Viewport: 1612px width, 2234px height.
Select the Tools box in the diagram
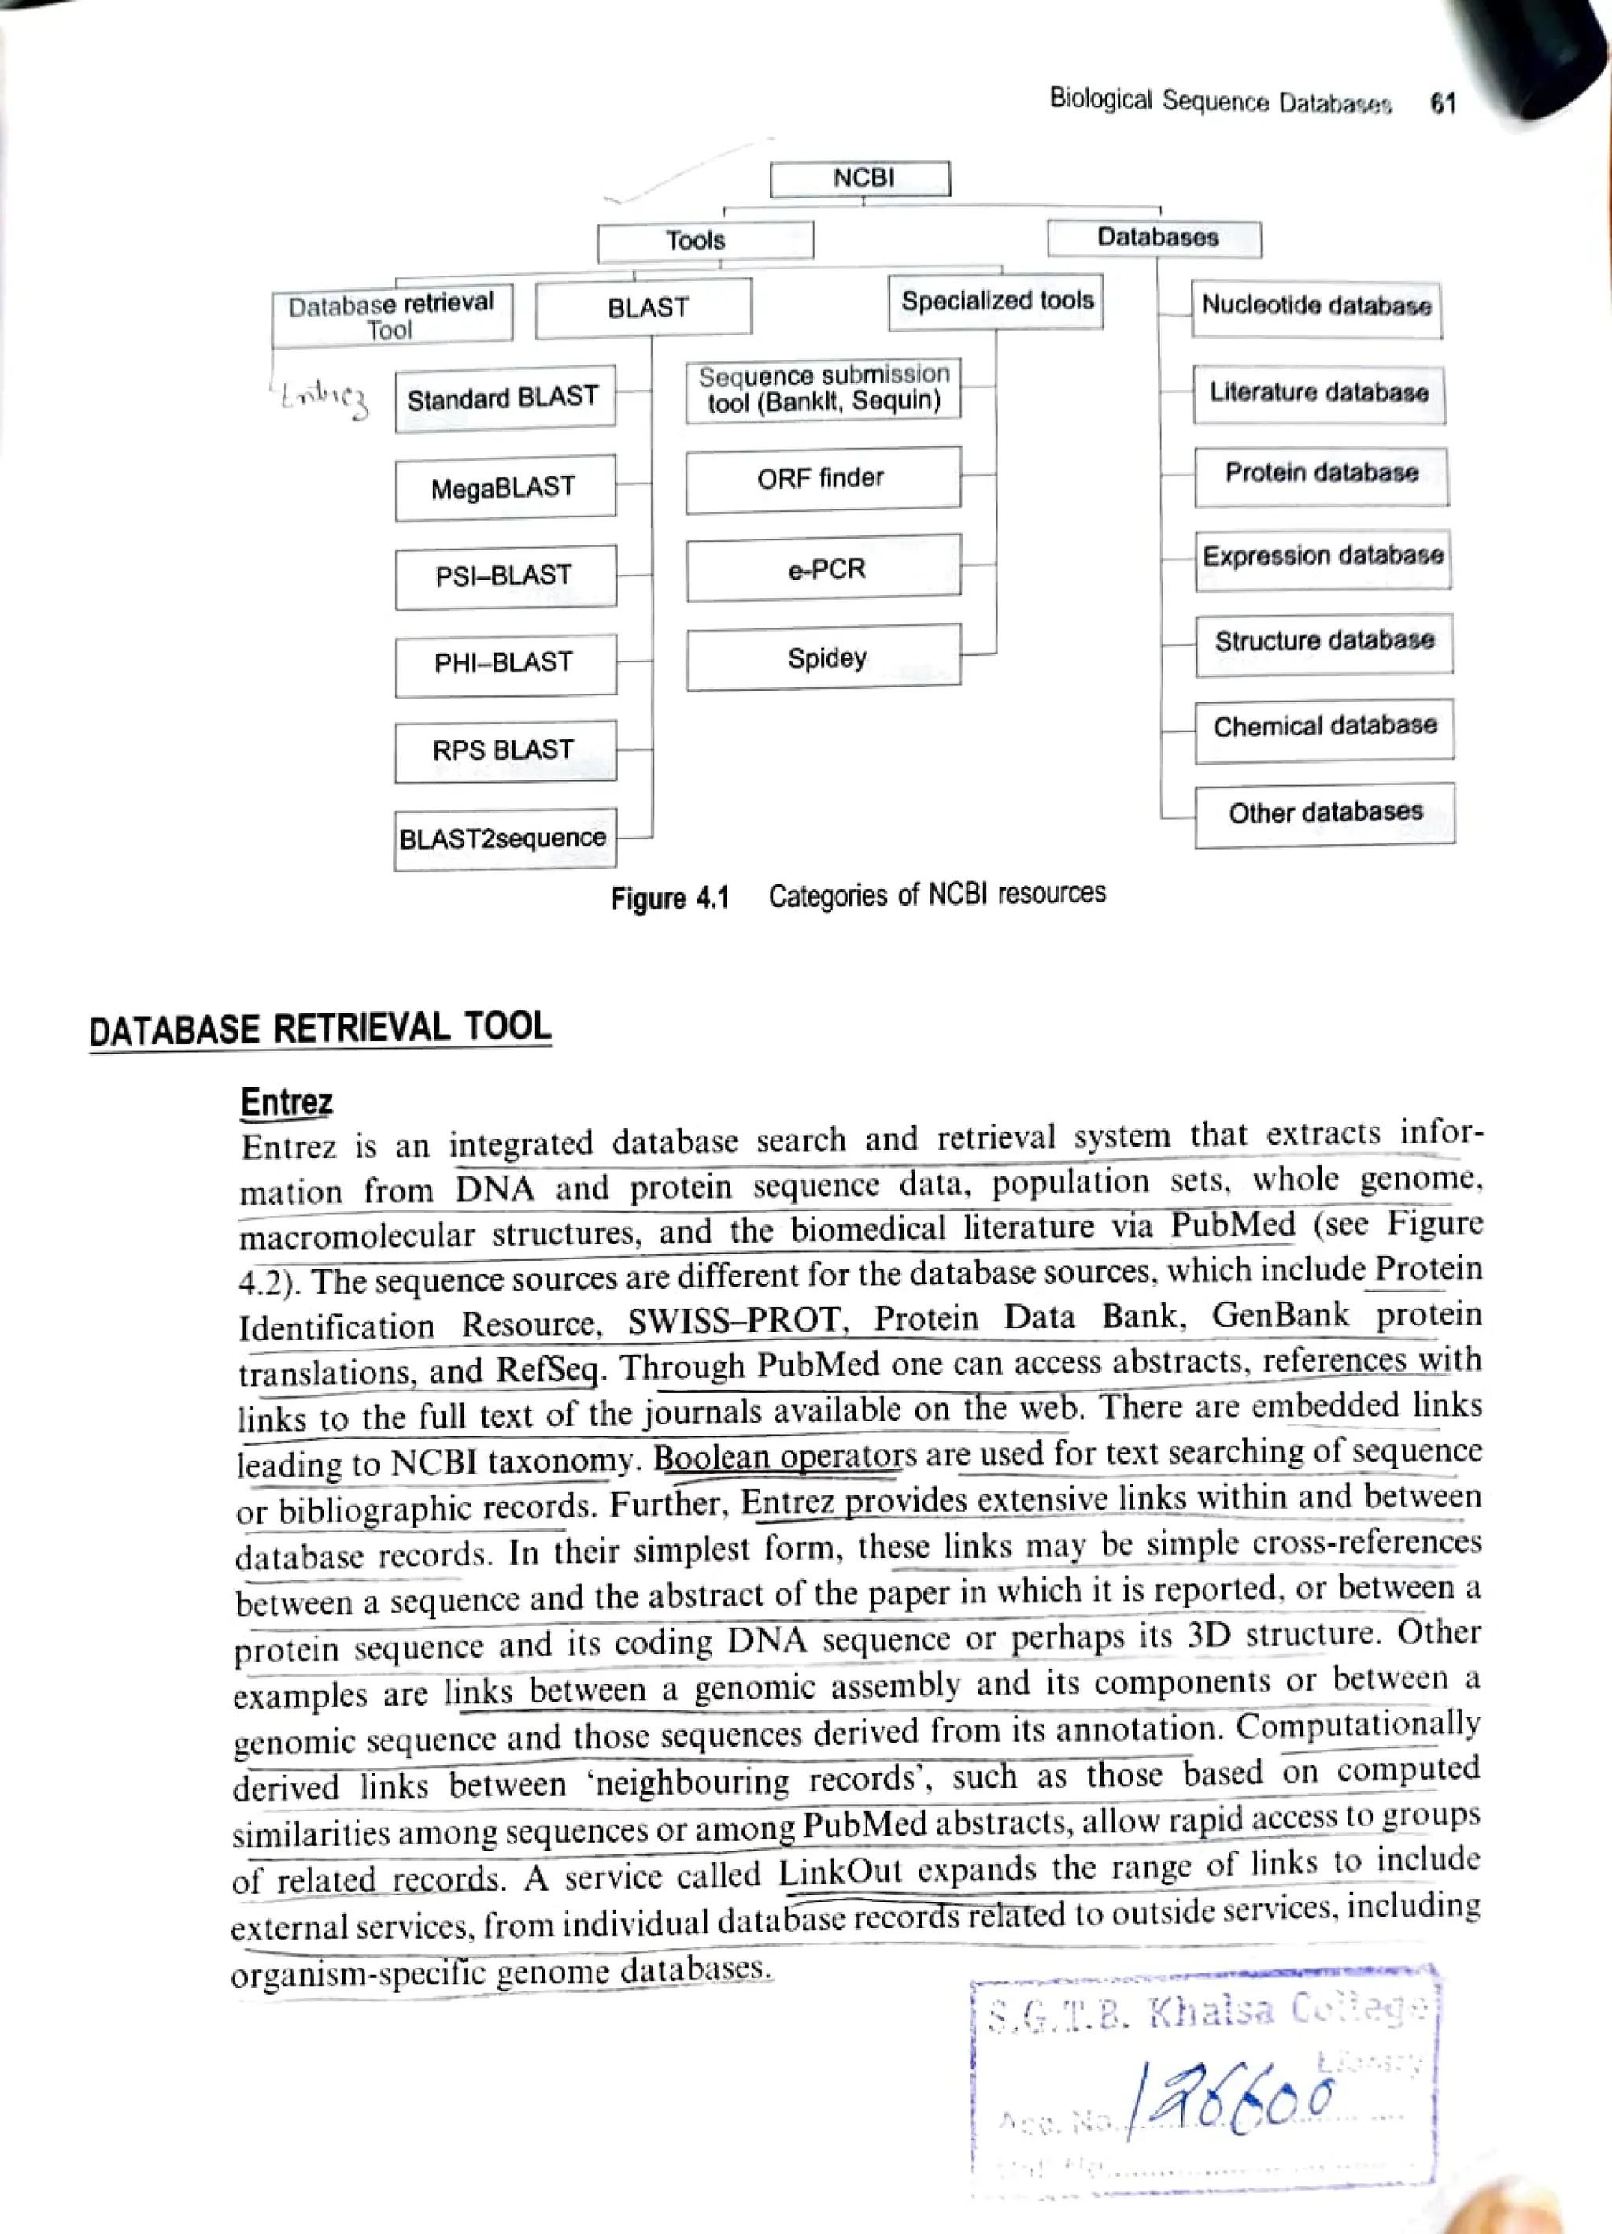tap(704, 240)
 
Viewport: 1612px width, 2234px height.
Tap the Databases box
tap(1154, 239)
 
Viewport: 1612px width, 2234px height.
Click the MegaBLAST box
tap(505, 487)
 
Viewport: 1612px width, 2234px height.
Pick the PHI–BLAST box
tap(505, 663)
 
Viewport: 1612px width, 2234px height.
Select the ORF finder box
tap(823, 479)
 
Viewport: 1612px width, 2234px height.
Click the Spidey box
tap(824, 657)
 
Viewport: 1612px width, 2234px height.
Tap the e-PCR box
tap(824, 569)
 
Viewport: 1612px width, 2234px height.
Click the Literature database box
tap(1319, 393)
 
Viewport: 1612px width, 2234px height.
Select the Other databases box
tap(1325, 813)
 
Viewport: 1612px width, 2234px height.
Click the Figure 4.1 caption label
tap(670, 898)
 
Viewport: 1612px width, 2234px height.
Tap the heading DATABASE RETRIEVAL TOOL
tap(320, 1028)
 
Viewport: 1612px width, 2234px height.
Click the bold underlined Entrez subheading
tap(287, 1101)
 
